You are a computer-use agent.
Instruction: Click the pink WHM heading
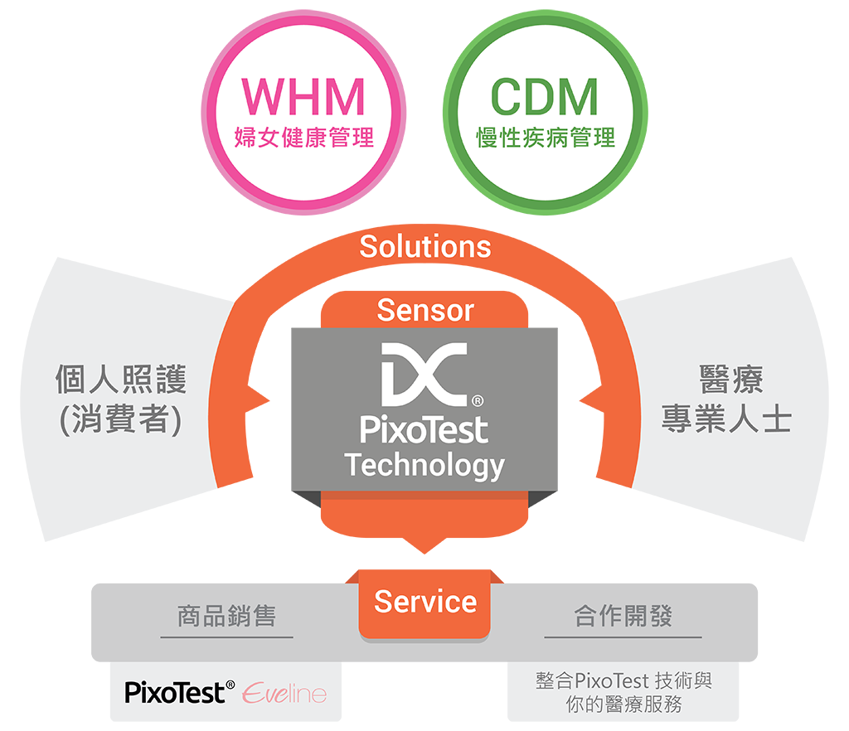303,97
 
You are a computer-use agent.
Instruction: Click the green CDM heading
545,97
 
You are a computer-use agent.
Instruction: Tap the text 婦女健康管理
303,136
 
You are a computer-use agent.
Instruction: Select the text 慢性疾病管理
545,136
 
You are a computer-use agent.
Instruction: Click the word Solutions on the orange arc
424,246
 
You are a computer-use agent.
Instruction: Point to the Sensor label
424,310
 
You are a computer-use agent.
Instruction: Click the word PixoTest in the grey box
424,430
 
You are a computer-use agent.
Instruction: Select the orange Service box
424,603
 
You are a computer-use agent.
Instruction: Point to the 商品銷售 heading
226,617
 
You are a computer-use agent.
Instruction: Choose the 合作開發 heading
623,617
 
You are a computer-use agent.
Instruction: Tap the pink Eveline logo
284,693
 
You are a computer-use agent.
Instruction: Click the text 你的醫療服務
623,705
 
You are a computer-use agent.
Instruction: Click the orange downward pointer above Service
424,544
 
